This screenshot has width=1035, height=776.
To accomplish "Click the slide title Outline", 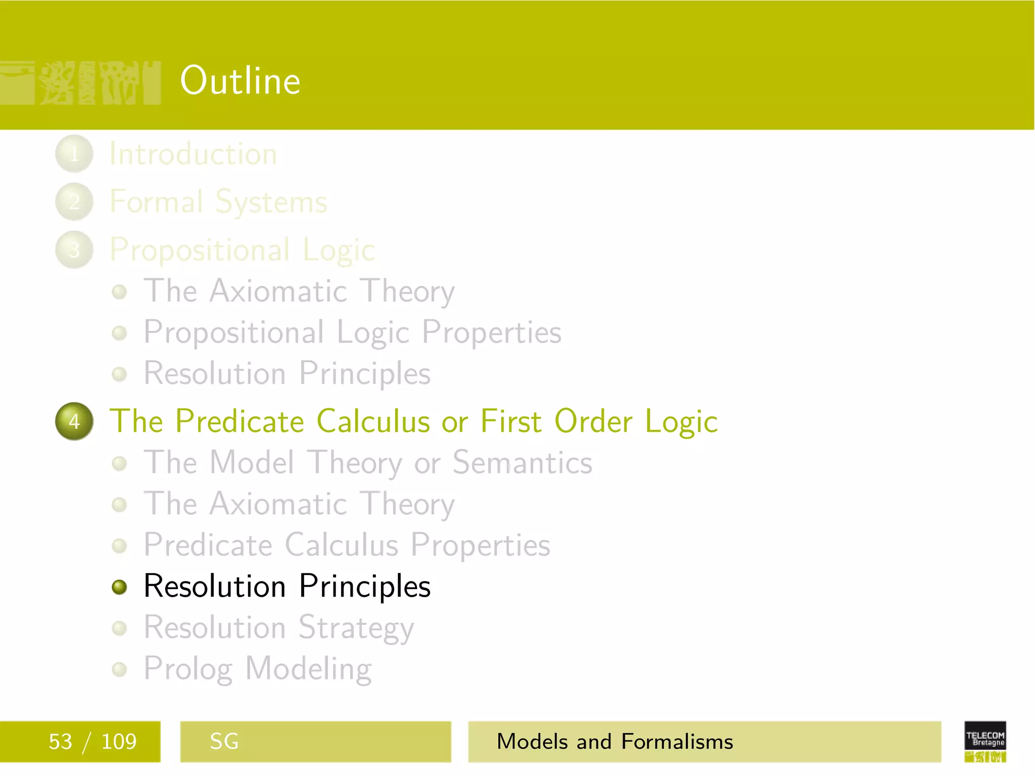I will pos(240,81).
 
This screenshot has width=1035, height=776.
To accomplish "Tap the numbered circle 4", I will pos(74,421).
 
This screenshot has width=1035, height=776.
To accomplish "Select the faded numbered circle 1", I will pos(74,154).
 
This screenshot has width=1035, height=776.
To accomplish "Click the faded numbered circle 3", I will pos(74,250).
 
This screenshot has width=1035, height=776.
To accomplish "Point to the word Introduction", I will pos(193,154).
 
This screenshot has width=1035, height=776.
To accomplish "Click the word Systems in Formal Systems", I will pos(271,203).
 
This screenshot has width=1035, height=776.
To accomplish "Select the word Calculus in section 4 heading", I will pos(373,421).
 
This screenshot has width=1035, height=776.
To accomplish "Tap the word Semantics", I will pos(522,463).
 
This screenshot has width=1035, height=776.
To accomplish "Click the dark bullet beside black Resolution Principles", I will pos(119,587).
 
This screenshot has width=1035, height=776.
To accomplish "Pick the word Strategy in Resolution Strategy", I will pos(356,628).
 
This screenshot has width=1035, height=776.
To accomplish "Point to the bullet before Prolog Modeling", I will pos(119,669).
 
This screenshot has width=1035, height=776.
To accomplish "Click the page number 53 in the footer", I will pos(60,742).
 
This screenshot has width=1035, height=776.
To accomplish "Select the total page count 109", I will pos(119,742).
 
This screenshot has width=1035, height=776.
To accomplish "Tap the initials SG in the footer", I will pos(224,742).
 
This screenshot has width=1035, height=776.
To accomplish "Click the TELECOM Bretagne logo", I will pos(985,742).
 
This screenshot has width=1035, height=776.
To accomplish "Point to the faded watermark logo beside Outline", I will pos(81,83).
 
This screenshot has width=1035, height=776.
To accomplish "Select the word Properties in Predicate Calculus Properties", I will pos(480,546).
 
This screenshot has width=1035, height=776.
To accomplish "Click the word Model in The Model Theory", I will pos(252,463).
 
